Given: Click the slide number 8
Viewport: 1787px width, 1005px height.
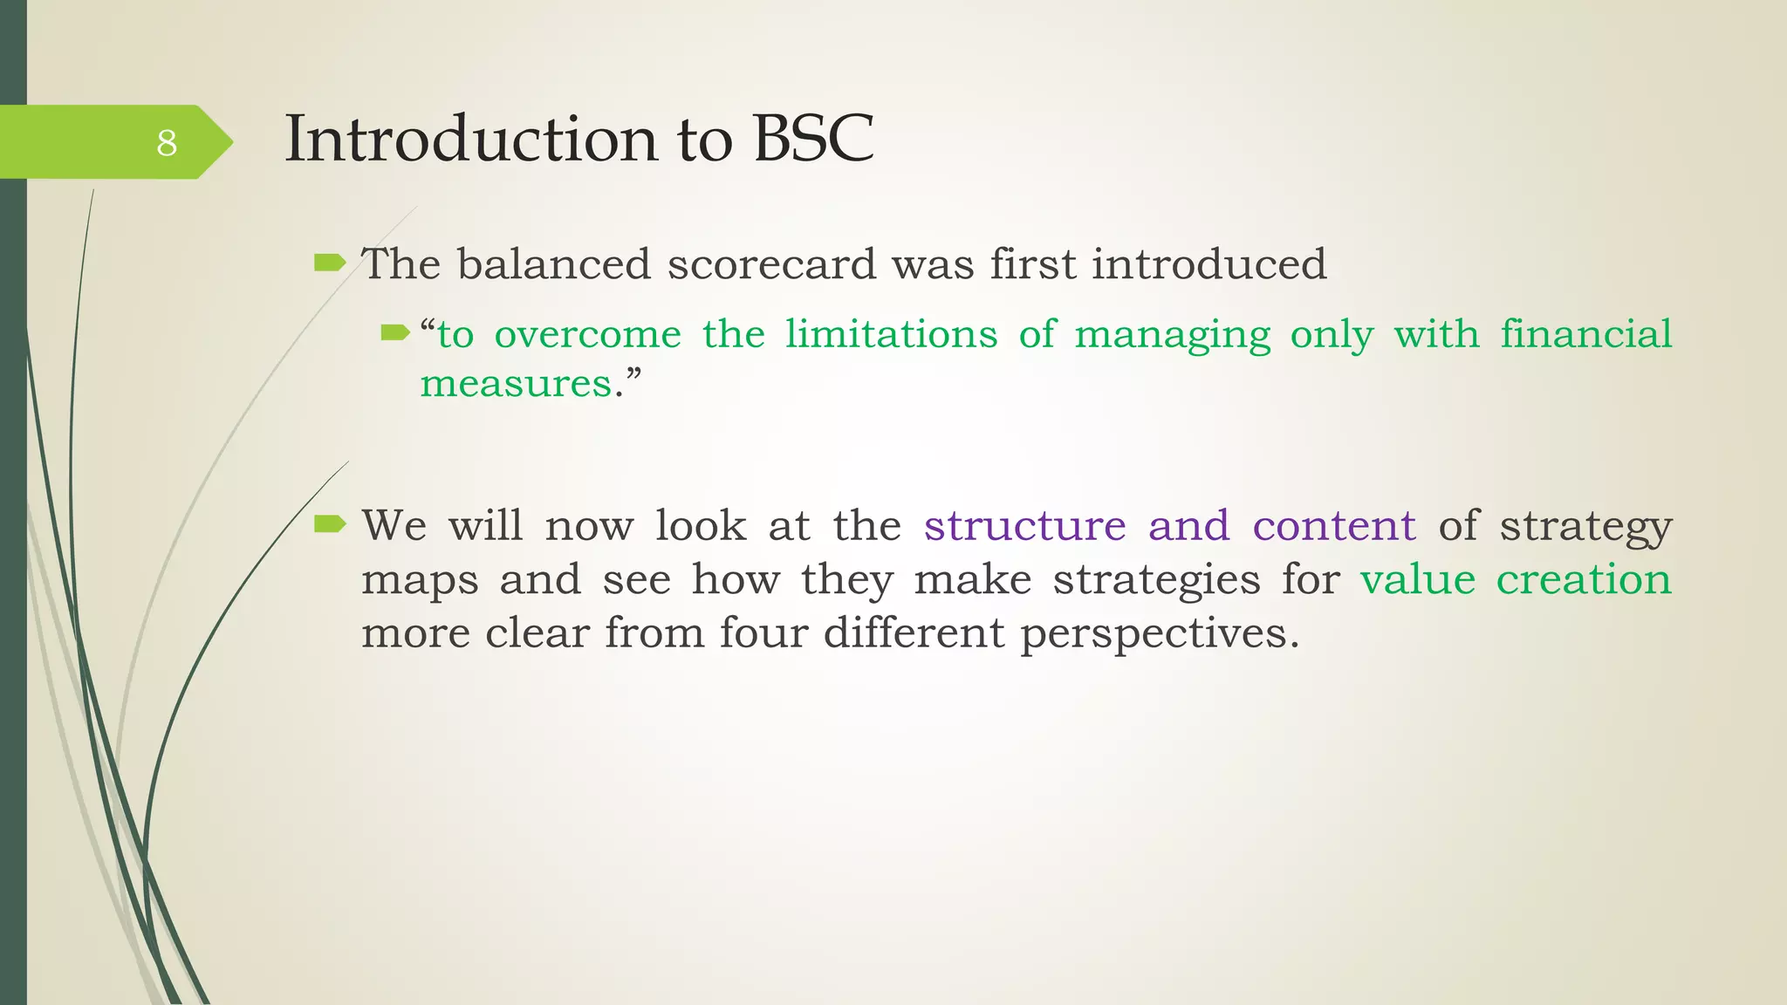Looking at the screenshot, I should point(167,142).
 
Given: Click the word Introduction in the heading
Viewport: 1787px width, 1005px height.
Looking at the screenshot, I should point(471,139).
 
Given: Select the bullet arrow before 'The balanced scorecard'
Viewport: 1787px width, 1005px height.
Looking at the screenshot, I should point(330,262).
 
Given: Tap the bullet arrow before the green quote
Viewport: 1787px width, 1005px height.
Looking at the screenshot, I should point(394,332).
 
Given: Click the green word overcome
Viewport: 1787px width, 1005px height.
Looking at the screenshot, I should point(587,334).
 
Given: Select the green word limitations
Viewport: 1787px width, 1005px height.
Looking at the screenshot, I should point(891,334).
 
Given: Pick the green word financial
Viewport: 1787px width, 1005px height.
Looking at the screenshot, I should point(1585,334).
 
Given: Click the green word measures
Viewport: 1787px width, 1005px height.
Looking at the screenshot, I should point(516,384).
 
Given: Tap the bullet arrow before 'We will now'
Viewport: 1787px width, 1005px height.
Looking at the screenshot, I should point(330,523).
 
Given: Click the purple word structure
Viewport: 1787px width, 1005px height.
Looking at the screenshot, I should point(1024,525).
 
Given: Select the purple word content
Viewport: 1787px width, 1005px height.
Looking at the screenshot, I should point(1334,525).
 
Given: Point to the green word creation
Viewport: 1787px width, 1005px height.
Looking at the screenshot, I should point(1583,579).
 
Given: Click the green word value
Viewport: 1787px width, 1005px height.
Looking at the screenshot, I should point(1417,579).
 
